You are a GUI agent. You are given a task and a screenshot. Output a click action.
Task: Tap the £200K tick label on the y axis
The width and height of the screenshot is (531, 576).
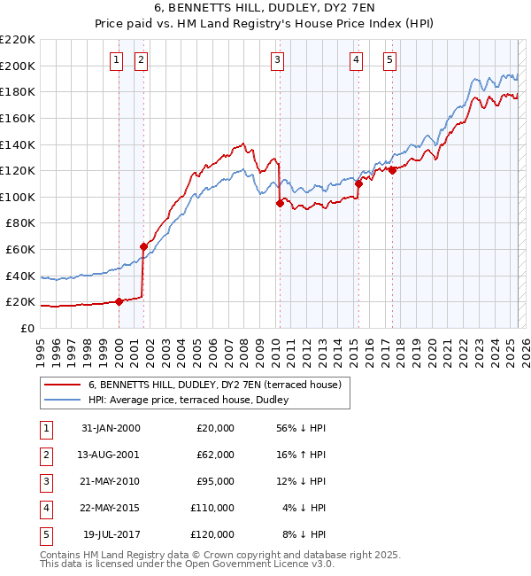18,66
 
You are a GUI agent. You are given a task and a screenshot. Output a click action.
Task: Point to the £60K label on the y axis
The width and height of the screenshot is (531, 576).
21,250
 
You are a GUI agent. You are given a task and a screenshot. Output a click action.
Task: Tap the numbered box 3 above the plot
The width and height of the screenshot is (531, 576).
278,60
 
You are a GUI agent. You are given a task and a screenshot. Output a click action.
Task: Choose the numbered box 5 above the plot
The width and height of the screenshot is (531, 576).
389,60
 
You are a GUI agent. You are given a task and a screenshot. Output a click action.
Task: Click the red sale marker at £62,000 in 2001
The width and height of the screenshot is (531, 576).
143,246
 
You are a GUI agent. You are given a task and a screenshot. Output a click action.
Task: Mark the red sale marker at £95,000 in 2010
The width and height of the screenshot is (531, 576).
280,203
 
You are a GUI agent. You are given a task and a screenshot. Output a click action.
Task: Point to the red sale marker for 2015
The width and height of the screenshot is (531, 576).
358,183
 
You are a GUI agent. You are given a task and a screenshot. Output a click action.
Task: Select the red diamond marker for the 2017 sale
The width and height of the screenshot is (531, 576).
392,170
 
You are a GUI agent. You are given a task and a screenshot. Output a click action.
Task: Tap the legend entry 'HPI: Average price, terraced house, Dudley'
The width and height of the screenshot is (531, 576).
196,401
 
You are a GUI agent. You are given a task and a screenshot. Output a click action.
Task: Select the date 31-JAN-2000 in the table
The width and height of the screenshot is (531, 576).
111,428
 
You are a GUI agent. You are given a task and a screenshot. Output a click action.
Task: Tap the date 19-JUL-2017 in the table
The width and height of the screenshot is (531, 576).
111,534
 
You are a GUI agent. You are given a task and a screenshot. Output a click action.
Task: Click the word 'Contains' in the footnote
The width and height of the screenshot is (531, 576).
61,555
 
